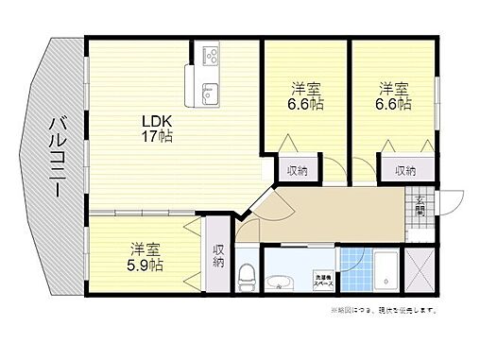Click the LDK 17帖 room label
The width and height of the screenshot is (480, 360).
(x=157, y=128)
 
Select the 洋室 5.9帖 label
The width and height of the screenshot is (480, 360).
(x=145, y=258)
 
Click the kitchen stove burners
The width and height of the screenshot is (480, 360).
(x=207, y=55)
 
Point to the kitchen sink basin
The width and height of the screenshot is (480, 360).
(x=210, y=92)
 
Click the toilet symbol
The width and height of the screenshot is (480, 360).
(x=248, y=276)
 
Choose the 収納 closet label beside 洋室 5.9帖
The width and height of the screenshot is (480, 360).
(x=218, y=256)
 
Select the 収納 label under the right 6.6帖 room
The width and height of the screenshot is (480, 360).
(x=405, y=170)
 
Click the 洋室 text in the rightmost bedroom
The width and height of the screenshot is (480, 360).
(x=395, y=89)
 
